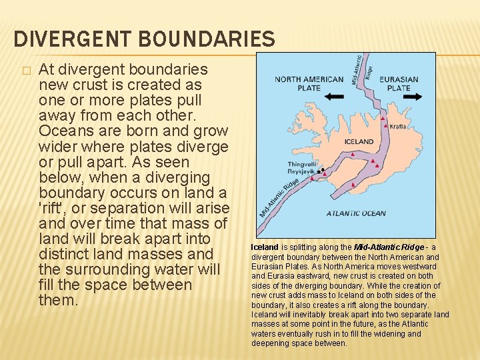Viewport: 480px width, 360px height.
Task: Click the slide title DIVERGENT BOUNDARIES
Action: [x=144, y=38]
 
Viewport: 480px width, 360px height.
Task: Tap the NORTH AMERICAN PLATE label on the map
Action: [x=309, y=83]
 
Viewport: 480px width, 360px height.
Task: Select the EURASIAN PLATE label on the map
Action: [x=398, y=83]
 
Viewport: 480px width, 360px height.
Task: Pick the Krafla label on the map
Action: [x=397, y=126]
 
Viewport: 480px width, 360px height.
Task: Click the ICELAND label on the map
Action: [x=359, y=142]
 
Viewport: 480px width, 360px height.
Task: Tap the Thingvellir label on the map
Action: [x=302, y=163]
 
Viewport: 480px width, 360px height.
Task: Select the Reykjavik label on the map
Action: [x=301, y=171]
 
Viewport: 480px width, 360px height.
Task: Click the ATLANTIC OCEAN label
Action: [x=355, y=214]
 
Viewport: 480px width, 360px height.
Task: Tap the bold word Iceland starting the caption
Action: [x=265, y=247]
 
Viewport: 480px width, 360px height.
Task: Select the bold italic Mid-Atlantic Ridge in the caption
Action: [x=389, y=247]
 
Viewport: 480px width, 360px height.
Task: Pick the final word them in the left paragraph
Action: [x=59, y=300]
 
